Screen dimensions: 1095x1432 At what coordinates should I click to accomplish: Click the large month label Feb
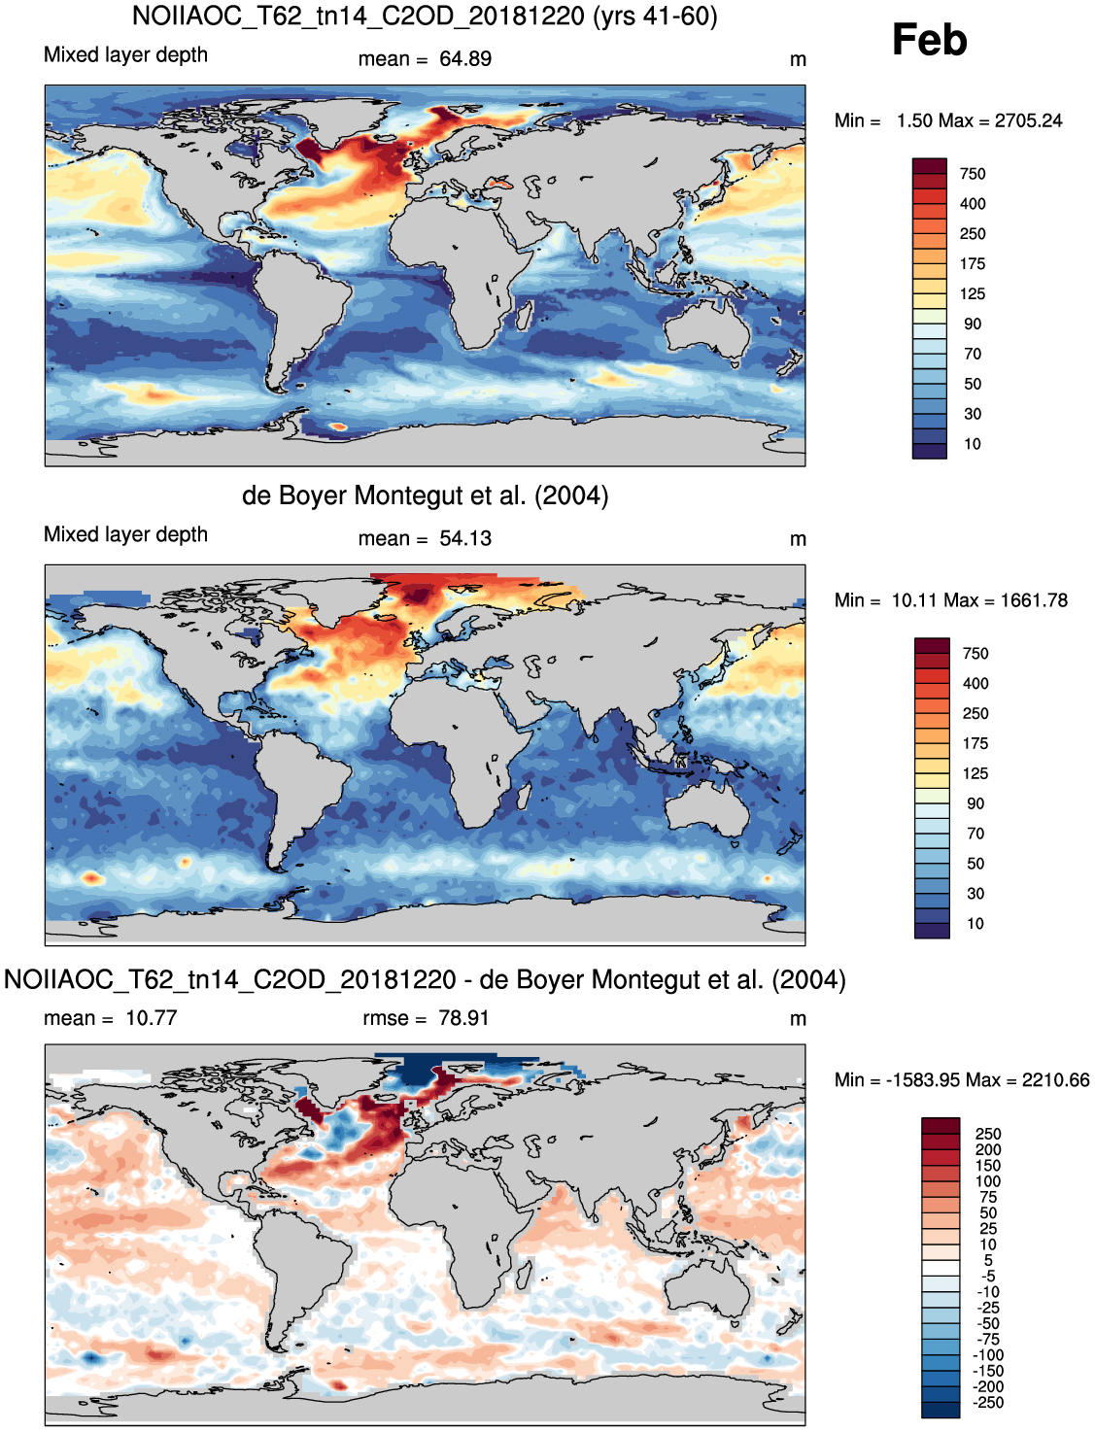pos(929,40)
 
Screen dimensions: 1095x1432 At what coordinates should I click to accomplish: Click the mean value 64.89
pos(465,58)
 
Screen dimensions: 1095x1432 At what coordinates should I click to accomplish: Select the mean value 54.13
pos(465,538)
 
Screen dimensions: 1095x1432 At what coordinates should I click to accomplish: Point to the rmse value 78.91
pos(463,1018)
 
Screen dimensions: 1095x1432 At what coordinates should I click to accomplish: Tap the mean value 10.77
pos(152,1018)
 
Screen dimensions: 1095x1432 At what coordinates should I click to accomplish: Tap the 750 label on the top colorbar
pos(973,174)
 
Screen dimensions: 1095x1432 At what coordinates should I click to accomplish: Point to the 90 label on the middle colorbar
pos(975,803)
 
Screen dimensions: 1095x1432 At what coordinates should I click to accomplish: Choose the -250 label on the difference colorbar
pos(988,1402)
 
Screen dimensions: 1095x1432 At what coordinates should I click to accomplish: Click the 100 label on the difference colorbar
pos(988,1180)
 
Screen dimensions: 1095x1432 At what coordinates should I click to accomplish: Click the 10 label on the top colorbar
pos(973,444)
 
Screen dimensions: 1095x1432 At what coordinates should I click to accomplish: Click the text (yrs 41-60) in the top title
pos(655,16)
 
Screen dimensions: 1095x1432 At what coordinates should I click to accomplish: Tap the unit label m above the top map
pos(798,60)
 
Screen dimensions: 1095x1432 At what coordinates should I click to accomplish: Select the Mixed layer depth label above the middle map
pos(125,534)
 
